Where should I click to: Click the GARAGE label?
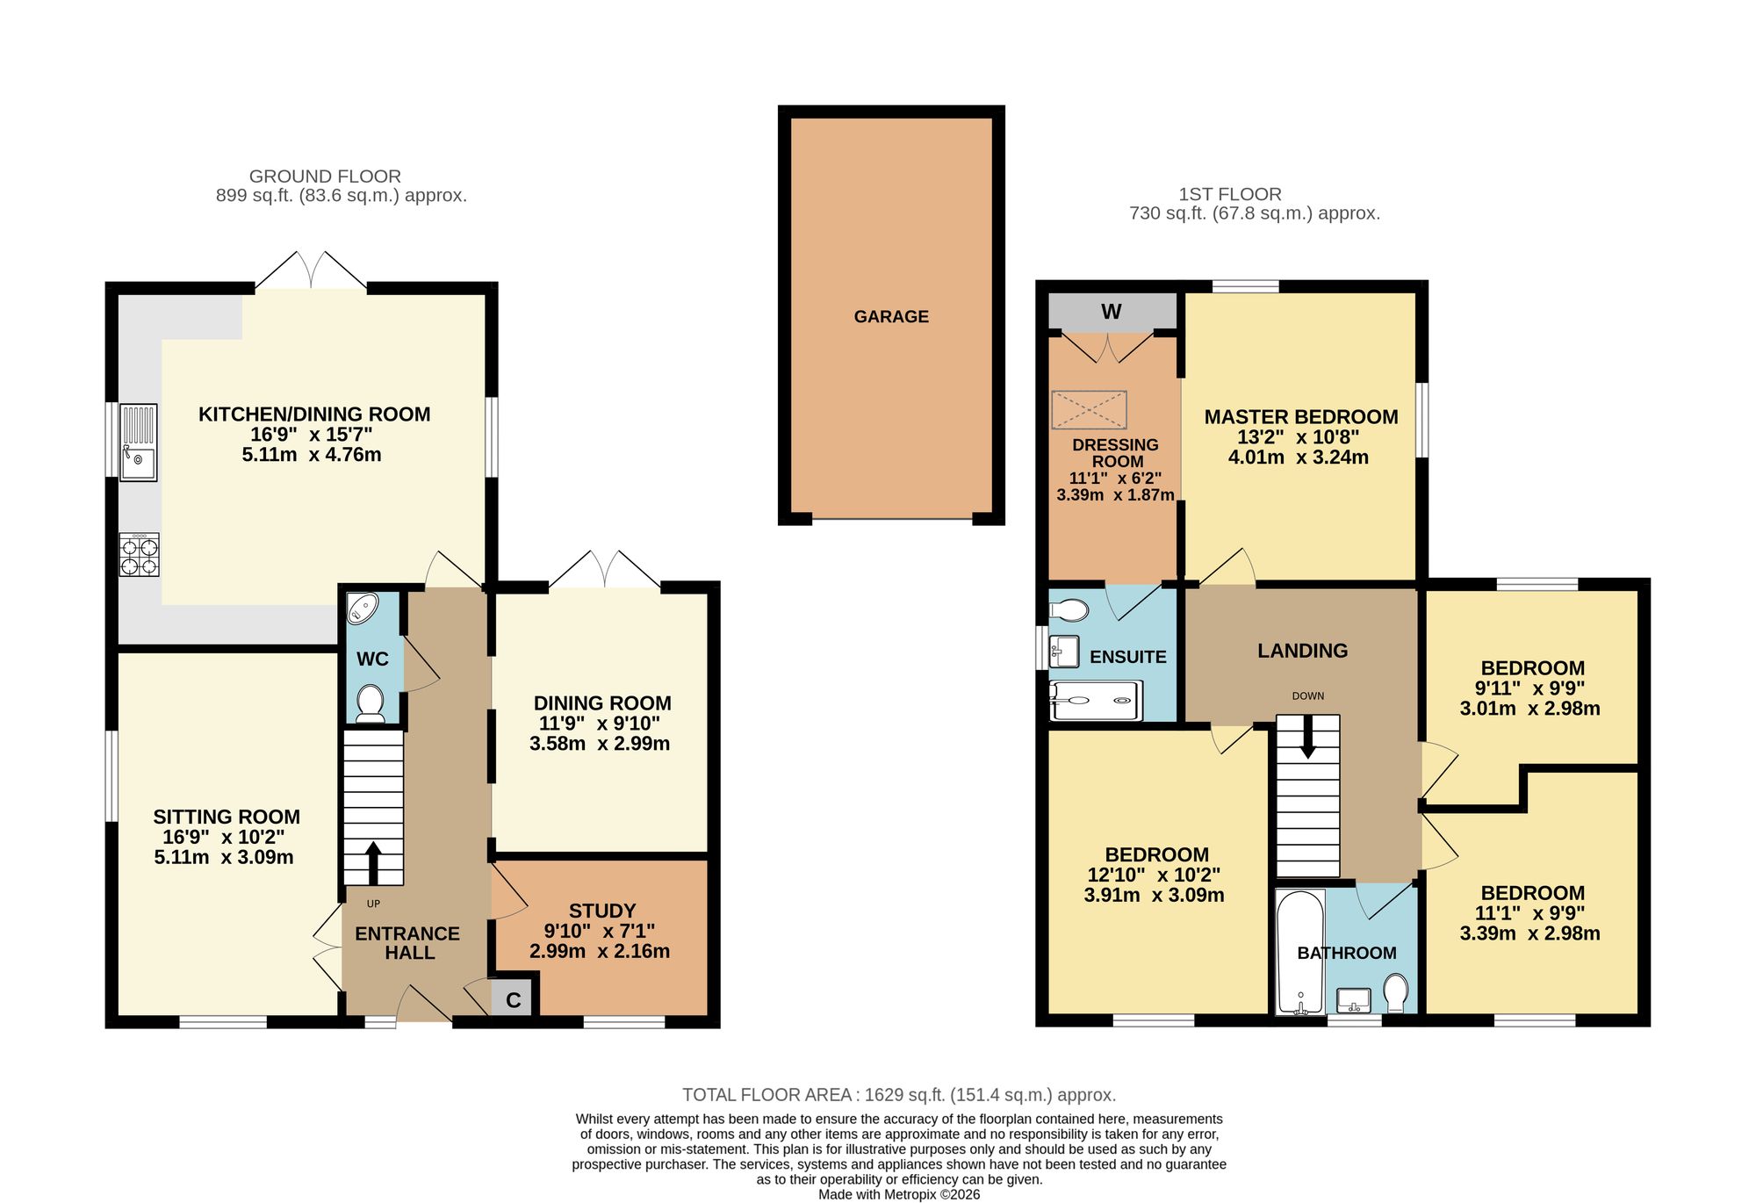pos(891,317)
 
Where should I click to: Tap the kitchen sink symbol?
pos(139,443)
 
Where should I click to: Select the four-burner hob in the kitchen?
pos(140,555)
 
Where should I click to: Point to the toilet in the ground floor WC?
pos(371,704)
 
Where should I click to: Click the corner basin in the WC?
pos(362,608)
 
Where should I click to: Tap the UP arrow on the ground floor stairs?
pos(373,863)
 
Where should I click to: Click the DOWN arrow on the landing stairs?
pos(1308,737)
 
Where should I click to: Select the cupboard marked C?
pos(514,999)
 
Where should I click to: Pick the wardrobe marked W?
pos(1112,312)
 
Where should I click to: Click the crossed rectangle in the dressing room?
pos(1089,410)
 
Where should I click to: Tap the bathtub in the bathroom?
pos(1300,953)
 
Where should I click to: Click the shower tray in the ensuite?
pos(1097,701)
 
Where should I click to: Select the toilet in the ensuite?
pos(1069,609)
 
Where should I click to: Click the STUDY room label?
pos(602,911)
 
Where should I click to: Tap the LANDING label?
pos(1303,651)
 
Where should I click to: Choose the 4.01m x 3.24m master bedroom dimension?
pos(1299,457)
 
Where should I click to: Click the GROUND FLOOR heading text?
pos(325,176)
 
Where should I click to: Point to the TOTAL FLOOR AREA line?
pos(899,1095)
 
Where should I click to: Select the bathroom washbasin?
pos(1354,999)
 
